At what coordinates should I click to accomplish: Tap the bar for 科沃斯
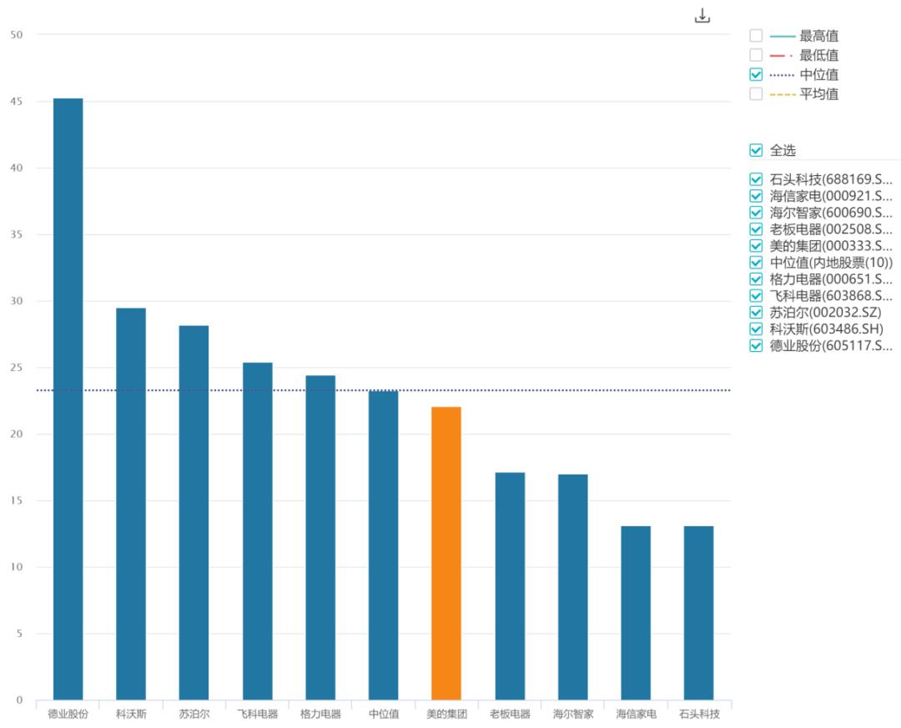[131, 504]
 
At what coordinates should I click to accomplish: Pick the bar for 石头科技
[698, 613]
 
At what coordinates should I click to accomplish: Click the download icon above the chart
[702, 16]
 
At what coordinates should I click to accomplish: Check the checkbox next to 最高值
[756, 36]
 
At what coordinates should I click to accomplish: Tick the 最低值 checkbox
[756, 55]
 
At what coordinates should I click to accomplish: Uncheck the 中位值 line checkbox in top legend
[756, 74]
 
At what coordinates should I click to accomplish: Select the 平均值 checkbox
[756, 93]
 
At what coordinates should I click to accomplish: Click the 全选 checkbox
[756, 150]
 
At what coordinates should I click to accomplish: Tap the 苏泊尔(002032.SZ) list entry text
[825, 312]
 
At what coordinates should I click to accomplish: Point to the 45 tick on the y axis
[17, 102]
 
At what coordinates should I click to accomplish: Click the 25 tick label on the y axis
[17, 368]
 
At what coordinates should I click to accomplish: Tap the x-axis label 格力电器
[320, 714]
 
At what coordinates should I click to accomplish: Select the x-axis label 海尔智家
[573, 714]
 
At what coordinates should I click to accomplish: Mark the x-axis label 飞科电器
[257, 714]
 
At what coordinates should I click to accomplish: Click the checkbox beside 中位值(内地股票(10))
[756, 262]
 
